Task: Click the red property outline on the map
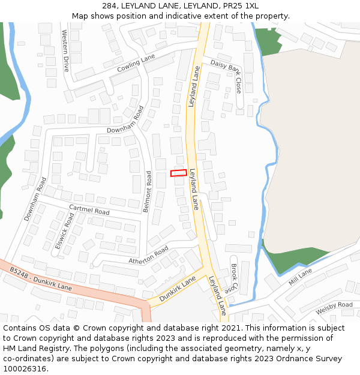tap(178, 173)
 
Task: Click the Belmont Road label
tap(148, 191)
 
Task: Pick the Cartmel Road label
tap(89, 210)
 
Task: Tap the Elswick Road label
tap(64, 230)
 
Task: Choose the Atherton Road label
tap(148, 256)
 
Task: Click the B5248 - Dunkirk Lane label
tap(40, 279)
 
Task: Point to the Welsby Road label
tap(334, 305)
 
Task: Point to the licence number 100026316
tap(25, 369)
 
